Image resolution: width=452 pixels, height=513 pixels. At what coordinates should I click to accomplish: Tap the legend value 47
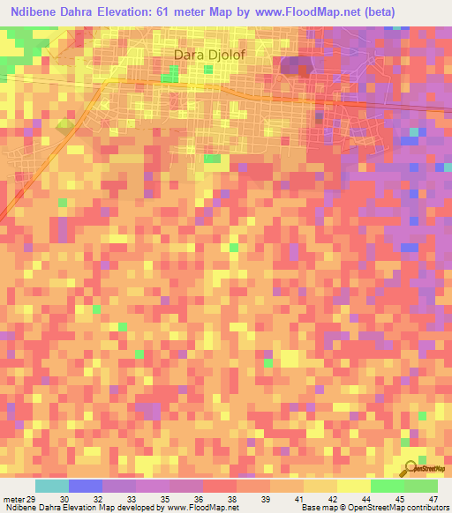(433, 500)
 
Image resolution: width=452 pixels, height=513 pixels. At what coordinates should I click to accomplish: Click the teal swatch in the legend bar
(52, 486)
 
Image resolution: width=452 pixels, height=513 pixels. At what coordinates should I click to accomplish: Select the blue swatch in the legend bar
(86, 486)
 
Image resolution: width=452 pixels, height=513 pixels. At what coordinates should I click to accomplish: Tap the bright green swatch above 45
(387, 486)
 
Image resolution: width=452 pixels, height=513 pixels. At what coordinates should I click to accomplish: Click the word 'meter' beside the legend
(12, 500)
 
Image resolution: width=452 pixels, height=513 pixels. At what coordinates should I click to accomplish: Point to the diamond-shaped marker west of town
(64, 126)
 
